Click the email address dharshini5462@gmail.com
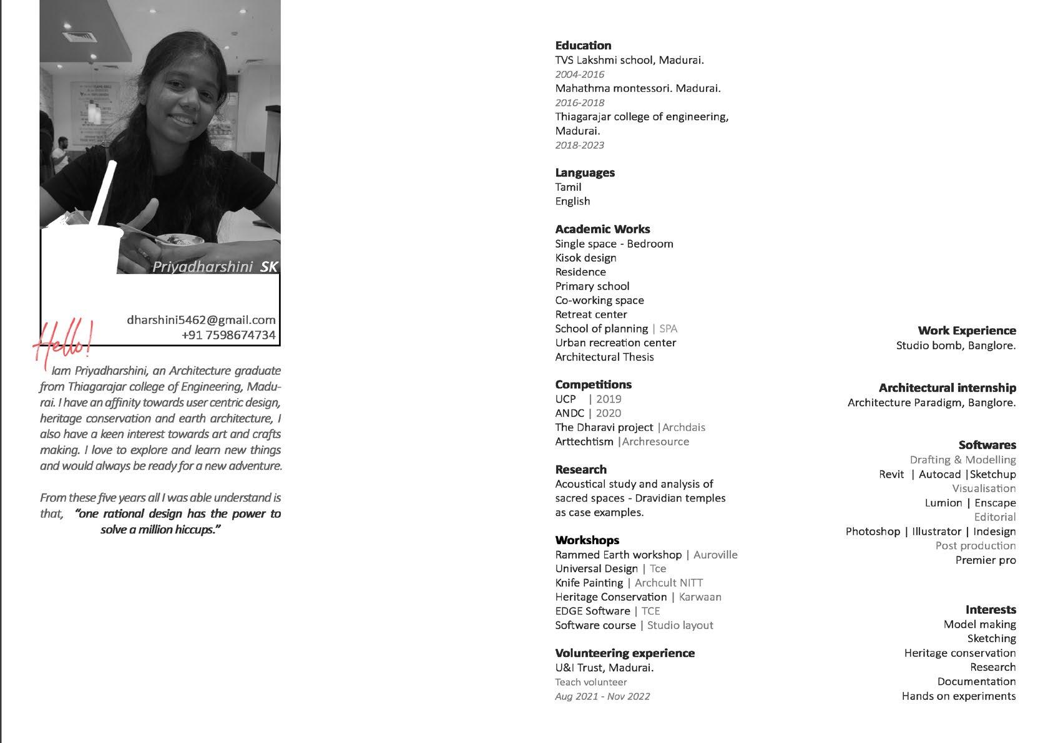tap(201, 320)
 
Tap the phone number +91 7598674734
tap(228, 335)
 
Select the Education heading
tap(583, 46)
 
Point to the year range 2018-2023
tap(579, 145)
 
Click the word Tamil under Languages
tap(568, 187)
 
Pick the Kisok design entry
tap(585, 258)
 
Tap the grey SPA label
tap(668, 329)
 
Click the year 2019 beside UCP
tap(609, 399)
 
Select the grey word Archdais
tap(683, 427)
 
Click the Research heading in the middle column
tap(580, 470)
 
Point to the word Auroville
tap(715, 555)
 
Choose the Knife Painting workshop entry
tap(589, 583)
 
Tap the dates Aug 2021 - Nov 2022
tap(602, 696)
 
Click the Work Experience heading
tap(966, 331)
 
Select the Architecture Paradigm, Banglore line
tap(931, 403)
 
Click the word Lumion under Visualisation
tap(943, 503)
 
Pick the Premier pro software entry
tap(985, 560)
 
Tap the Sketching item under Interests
tap(991, 639)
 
